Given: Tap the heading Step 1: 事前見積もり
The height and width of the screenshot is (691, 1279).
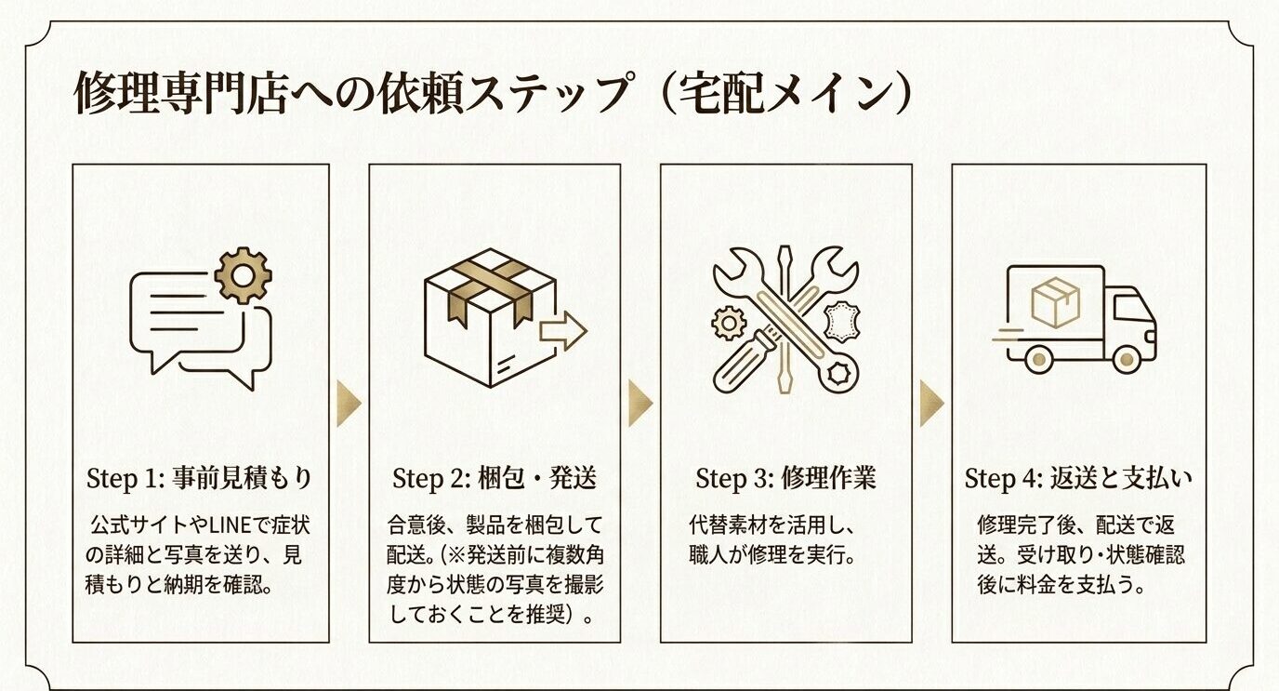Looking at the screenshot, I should [200, 479].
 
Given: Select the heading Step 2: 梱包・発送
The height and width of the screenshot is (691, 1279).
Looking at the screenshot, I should [494, 479].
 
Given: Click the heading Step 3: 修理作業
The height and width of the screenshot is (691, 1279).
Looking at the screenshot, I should [785, 479].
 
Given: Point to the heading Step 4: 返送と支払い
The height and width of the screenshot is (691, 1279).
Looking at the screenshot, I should [1078, 479].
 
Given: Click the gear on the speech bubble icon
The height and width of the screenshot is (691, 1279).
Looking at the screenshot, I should [244, 275].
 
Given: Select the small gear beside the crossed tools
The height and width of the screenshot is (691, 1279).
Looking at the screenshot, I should [729, 324].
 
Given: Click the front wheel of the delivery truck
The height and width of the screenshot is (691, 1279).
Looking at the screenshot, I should [1126, 358].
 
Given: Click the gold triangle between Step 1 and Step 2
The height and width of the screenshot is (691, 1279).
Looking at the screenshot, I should [348, 403].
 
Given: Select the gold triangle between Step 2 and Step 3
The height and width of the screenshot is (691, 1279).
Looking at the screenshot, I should [639, 403].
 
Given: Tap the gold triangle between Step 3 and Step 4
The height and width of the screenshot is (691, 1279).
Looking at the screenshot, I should [931, 403].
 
